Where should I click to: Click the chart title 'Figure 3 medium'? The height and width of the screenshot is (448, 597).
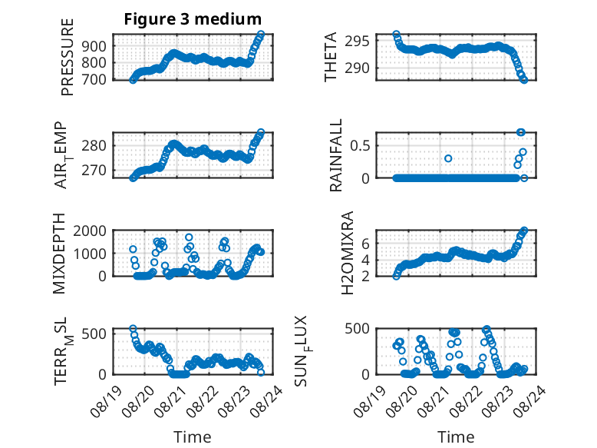[x=193, y=18]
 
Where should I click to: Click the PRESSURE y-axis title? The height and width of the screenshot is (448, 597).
[x=67, y=57]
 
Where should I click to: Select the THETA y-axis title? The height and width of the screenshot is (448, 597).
[x=331, y=57]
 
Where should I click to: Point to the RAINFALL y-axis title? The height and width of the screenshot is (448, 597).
[x=336, y=154]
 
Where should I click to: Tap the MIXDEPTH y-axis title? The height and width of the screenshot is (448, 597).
[x=59, y=254]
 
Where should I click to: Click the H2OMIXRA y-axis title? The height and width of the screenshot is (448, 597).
[x=348, y=253]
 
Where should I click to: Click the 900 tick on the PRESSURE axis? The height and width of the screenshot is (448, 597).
[x=94, y=46]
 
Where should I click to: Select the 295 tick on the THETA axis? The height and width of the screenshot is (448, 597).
[x=357, y=41]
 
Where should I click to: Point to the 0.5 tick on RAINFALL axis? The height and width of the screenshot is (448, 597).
[x=360, y=145]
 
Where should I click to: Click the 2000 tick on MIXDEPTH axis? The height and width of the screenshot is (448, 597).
[x=90, y=231]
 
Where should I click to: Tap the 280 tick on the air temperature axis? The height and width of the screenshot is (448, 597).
[x=94, y=145]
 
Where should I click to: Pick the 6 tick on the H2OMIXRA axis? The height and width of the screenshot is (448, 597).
[x=365, y=243]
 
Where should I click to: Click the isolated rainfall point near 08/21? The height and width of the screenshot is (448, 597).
[x=448, y=158]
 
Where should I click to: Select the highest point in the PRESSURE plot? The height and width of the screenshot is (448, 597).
[x=261, y=35]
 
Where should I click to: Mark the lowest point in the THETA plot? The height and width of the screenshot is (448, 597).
[x=524, y=80]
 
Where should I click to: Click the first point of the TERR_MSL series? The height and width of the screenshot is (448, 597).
[x=133, y=328]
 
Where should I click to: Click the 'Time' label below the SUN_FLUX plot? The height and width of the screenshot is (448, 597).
[x=456, y=436]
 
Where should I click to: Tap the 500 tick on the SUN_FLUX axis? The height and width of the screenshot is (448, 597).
[x=357, y=329]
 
